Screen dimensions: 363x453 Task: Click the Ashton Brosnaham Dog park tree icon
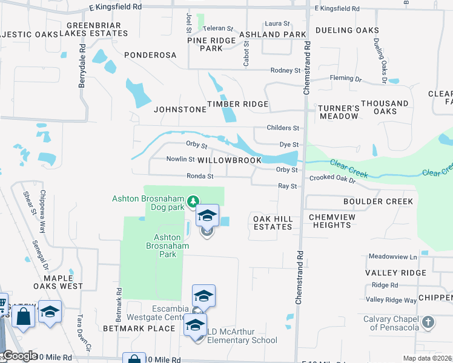click(x=193, y=200)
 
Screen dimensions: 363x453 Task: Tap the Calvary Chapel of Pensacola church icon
click(x=428, y=321)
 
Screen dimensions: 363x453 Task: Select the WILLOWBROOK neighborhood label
click(x=230, y=160)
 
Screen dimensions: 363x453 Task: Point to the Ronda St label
click(x=200, y=177)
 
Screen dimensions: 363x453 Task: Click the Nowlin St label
click(x=180, y=160)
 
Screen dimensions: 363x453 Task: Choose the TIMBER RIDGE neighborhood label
click(x=237, y=104)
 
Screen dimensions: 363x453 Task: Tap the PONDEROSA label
click(x=150, y=55)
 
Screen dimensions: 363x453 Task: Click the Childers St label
click(x=283, y=128)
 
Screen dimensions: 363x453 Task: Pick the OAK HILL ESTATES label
click(x=273, y=223)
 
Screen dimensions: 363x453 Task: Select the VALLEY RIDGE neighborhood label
click(x=396, y=273)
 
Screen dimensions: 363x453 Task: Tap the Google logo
click(x=20, y=356)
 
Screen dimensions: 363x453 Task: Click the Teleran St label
click(x=218, y=28)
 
